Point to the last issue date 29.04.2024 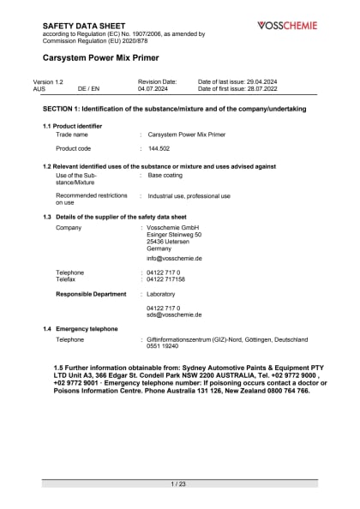261,81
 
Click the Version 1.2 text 48,81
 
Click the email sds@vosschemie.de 174,314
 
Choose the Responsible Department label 91,294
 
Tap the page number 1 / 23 179,485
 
